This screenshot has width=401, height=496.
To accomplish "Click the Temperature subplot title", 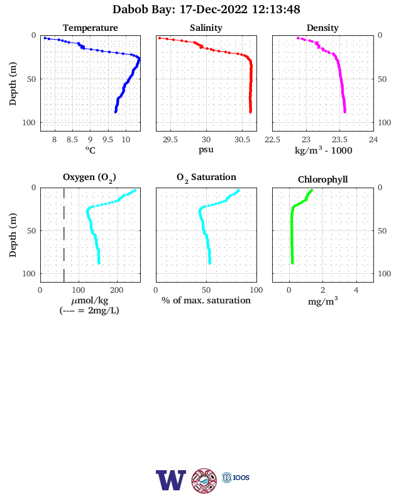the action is (x=91, y=28).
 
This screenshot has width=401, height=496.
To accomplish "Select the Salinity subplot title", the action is (x=206, y=28).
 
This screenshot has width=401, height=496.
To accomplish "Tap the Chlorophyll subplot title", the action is (x=322, y=179).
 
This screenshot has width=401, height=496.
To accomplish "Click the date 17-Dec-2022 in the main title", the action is (x=214, y=9).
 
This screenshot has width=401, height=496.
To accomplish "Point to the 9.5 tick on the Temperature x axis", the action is (x=108, y=140).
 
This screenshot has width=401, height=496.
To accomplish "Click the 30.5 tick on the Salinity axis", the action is (x=242, y=140).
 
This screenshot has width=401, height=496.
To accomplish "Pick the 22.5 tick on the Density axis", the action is (x=272, y=140).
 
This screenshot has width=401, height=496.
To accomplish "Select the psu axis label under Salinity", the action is (x=206, y=149).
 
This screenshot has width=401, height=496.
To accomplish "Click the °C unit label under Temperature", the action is (x=91, y=150).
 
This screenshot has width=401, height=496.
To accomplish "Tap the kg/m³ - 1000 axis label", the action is (x=323, y=150).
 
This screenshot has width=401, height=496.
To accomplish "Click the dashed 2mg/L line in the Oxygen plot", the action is (x=64, y=235).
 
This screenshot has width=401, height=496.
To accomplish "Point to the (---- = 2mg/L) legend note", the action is (x=89, y=311).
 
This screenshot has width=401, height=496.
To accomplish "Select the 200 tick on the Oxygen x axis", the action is (x=117, y=290).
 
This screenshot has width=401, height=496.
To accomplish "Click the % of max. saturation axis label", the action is (x=206, y=300).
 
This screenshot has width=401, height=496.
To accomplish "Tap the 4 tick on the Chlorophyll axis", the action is (x=356, y=290).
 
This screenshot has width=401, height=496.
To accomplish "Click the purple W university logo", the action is (x=171, y=480).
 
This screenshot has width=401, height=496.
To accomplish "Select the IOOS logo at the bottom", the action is (x=236, y=477).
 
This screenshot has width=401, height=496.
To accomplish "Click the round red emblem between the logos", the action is (x=204, y=480).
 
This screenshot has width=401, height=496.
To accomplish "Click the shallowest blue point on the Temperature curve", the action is (x=45, y=38).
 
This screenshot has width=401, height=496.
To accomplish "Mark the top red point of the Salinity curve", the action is (x=160, y=38).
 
